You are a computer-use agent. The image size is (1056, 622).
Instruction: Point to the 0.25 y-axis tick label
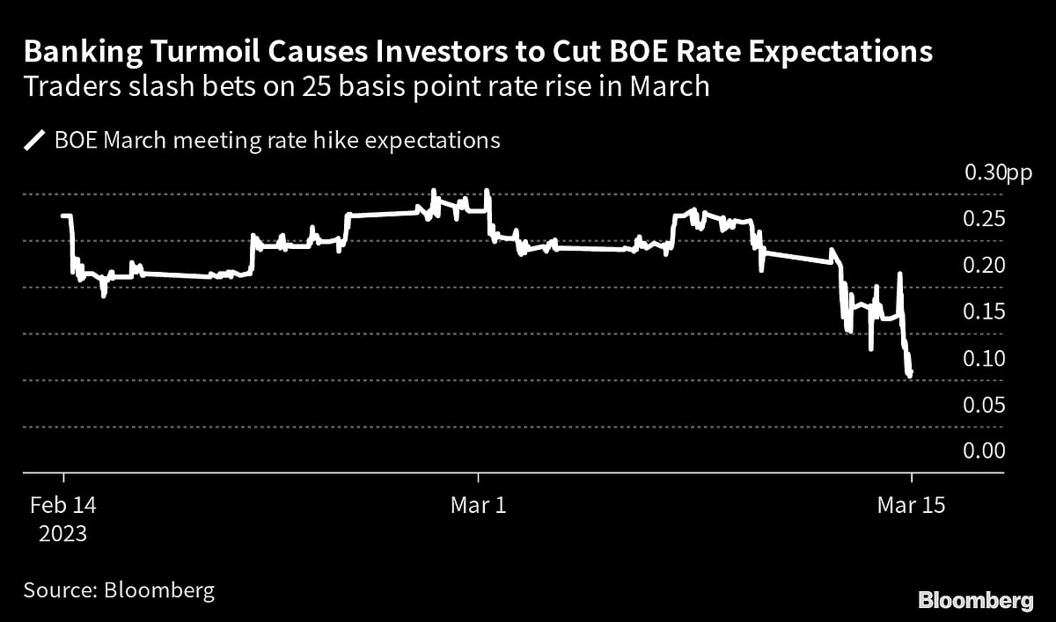pos(984,220)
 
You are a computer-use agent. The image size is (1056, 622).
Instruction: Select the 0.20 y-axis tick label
pos(984,267)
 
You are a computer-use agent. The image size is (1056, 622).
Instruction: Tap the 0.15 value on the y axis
pos(984,312)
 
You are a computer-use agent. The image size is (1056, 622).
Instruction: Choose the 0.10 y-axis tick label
pos(984,359)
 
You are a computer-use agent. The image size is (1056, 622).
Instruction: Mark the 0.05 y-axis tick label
pos(984,406)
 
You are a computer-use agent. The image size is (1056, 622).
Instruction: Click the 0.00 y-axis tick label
pos(984,451)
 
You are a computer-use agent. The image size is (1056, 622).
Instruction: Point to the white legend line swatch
pos(35,141)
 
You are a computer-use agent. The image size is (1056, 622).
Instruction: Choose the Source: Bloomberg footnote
pos(119,589)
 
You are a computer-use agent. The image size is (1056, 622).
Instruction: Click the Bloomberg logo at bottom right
pos(976,600)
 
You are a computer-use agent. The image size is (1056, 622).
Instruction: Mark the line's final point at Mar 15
pos(911,373)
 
